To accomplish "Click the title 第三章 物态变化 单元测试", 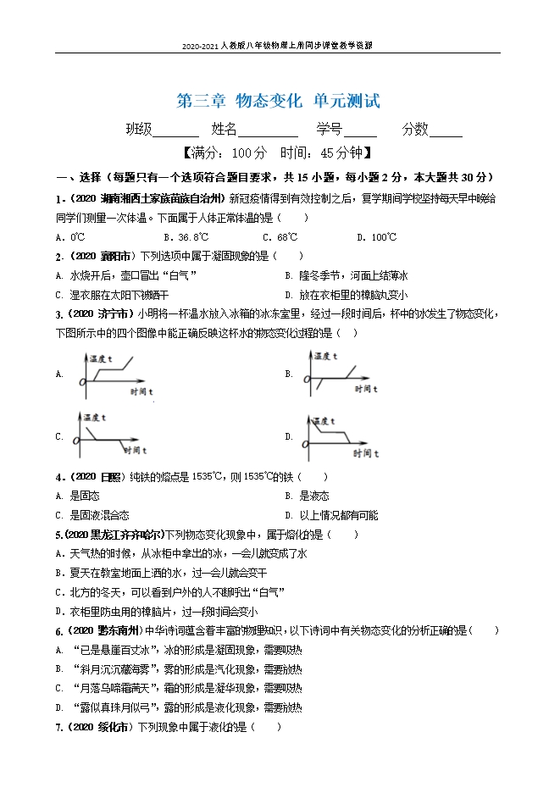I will coord(279,101).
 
